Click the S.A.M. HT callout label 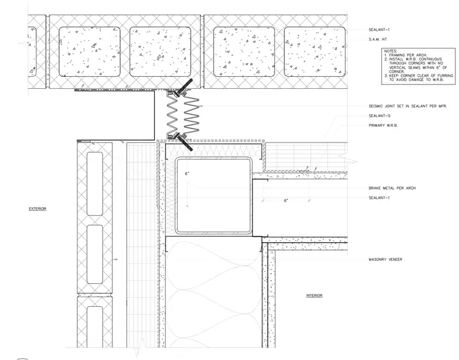tap(377, 39)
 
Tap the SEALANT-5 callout tap(379, 115)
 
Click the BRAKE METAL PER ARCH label tap(392, 188)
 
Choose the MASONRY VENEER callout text tap(385, 259)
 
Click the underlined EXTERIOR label tap(37, 208)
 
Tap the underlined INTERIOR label tap(314, 295)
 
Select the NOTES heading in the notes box tap(391, 51)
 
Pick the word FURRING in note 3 tap(446, 76)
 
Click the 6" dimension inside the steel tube tap(187, 173)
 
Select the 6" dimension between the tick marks tap(286, 201)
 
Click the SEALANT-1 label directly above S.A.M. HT tap(379, 30)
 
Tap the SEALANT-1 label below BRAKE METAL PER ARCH tap(379, 198)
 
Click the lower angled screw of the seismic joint tap(184, 143)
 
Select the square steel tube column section tap(213, 196)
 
